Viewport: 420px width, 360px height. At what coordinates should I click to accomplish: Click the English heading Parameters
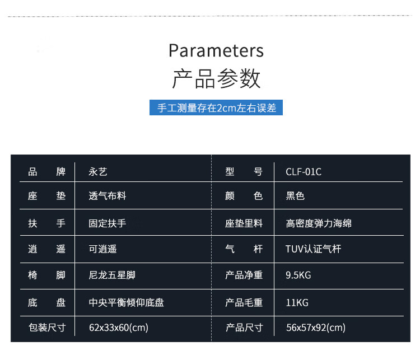(x=216, y=50)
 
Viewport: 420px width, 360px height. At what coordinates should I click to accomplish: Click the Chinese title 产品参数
(x=216, y=78)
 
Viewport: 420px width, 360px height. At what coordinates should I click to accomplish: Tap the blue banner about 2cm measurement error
(x=216, y=107)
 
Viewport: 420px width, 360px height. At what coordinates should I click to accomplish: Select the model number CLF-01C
(x=304, y=172)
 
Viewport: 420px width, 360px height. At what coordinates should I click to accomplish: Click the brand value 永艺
(x=98, y=172)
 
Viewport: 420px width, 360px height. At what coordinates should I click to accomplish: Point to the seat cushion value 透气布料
(x=108, y=196)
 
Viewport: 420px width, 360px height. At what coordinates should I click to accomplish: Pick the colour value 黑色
(x=295, y=196)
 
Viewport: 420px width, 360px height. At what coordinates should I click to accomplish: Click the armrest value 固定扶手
(x=108, y=223)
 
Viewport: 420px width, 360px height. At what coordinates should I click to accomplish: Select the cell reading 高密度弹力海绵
(x=319, y=223)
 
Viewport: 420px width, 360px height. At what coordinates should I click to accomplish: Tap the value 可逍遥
(x=103, y=249)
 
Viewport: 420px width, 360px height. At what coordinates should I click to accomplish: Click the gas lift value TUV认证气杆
(x=314, y=249)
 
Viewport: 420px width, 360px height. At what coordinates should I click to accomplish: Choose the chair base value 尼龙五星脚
(x=112, y=275)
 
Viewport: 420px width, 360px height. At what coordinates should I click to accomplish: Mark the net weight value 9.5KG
(x=298, y=275)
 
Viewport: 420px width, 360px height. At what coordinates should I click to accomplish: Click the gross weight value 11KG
(x=297, y=303)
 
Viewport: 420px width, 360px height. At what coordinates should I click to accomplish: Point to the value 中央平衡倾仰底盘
(x=127, y=303)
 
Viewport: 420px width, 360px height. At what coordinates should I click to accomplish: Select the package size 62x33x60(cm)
(x=119, y=328)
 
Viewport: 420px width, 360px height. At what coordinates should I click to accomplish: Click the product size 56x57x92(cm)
(x=316, y=328)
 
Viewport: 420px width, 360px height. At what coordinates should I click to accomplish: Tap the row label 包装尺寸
(x=47, y=328)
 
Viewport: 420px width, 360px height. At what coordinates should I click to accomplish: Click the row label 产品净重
(x=244, y=275)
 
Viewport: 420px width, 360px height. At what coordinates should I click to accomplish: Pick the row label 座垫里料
(x=244, y=223)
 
